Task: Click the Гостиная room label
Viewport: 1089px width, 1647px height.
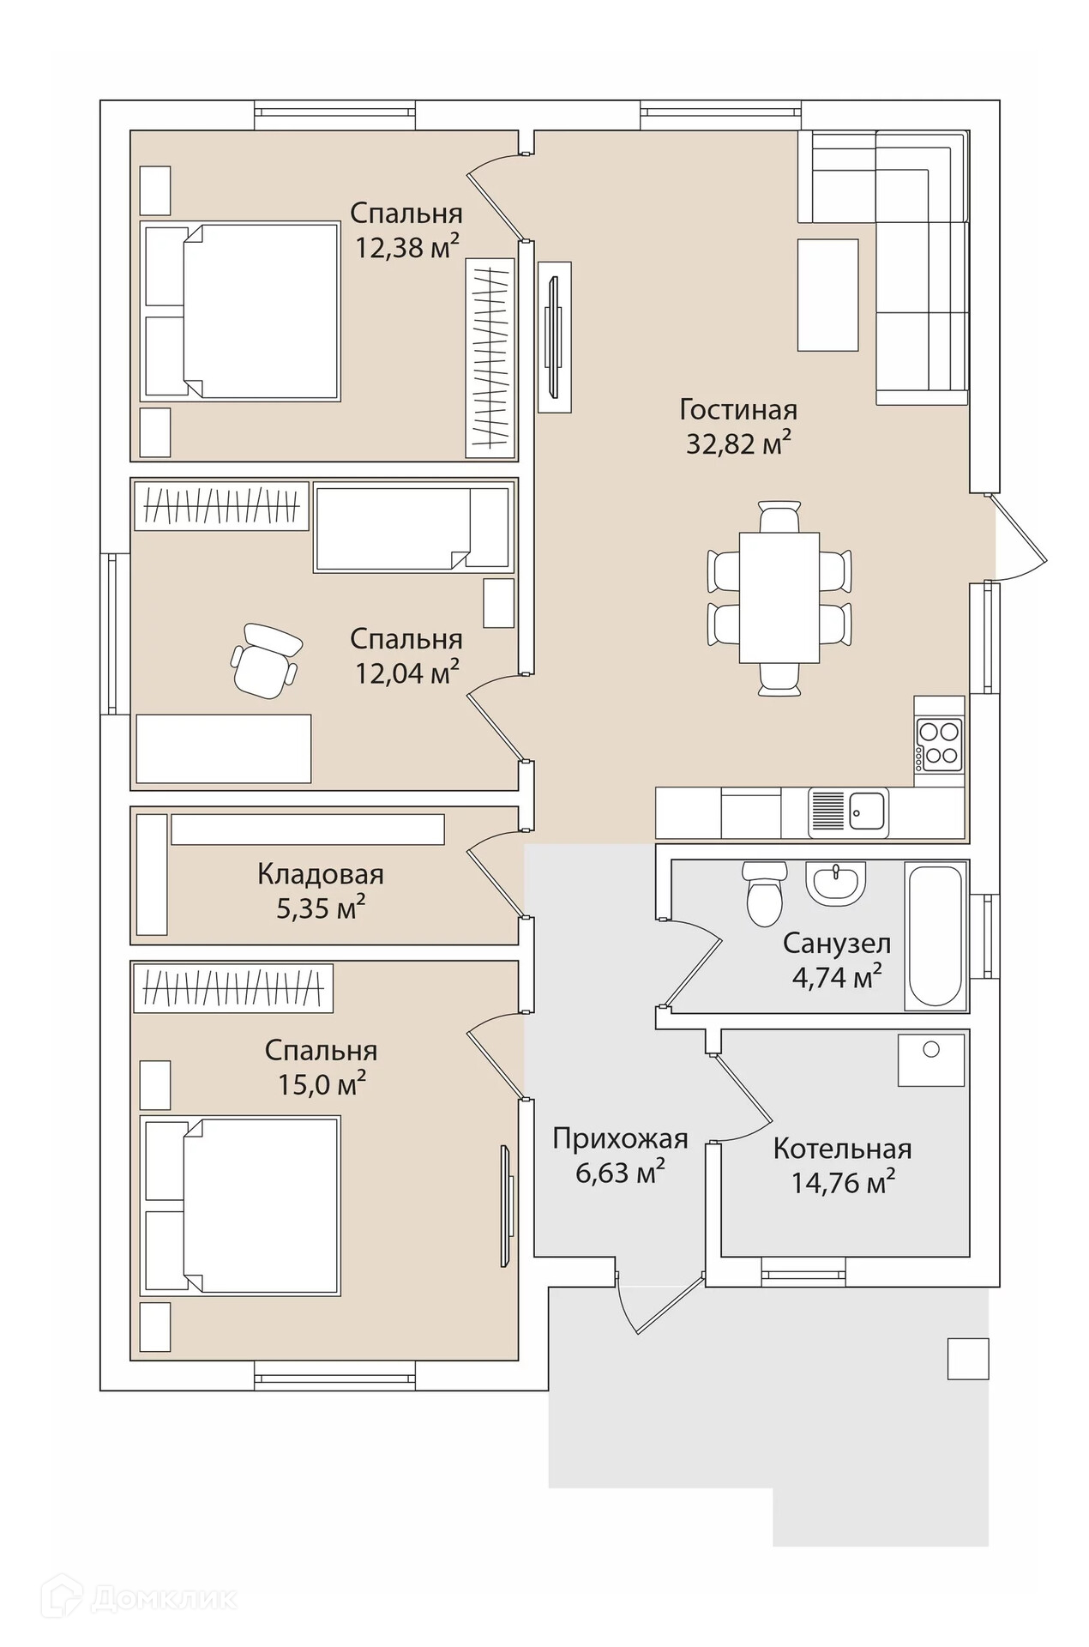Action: tap(737, 409)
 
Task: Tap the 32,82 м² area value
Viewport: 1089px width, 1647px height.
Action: tap(737, 443)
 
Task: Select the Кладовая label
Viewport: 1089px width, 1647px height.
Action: tap(320, 874)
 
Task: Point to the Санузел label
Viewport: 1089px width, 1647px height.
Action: tap(836, 944)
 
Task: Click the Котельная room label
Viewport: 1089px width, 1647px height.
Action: tap(841, 1149)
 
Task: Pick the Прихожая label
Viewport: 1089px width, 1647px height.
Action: tap(620, 1138)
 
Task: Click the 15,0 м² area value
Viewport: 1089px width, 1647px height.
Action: tap(322, 1084)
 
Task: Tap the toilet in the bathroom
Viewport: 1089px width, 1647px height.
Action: tap(763, 894)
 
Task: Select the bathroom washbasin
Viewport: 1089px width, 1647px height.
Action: tap(835, 883)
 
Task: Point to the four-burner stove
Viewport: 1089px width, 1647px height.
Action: tap(939, 744)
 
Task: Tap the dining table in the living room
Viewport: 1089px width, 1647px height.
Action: tap(779, 597)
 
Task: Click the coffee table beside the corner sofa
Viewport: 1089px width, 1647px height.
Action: tap(827, 295)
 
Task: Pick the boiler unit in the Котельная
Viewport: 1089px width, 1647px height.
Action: tap(930, 1059)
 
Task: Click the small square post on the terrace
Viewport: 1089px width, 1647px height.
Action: tap(967, 1358)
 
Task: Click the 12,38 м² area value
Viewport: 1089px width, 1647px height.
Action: tap(407, 248)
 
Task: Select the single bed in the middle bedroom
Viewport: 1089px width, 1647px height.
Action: tap(412, 528)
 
